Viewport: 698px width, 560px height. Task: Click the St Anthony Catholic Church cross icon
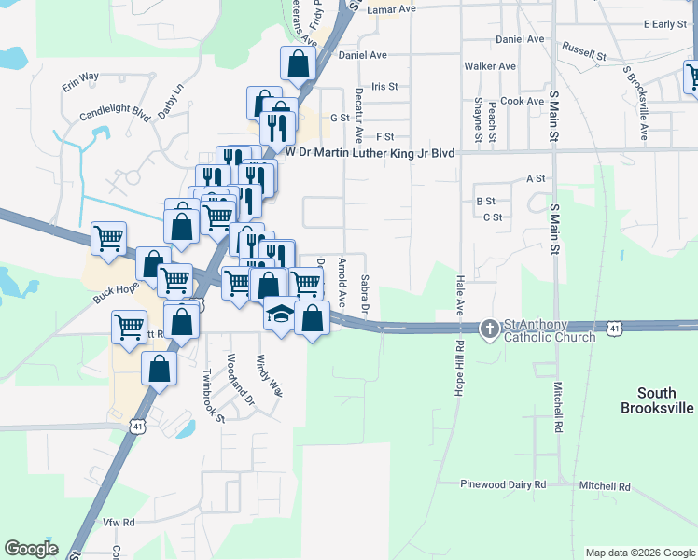click(x=490, y=329)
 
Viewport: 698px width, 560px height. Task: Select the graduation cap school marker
click(x=279, y=315)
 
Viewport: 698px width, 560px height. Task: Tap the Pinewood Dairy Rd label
click(x=502, y=485)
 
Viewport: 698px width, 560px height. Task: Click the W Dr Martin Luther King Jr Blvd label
click(x=370, y=151)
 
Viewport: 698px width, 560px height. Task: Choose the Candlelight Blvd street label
click(x=115, y=113)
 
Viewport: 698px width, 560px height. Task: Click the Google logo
click(x=31, y=549)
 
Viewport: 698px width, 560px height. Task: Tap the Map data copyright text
click(x=638, y=553)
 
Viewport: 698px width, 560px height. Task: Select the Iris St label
click(x=384, y=86)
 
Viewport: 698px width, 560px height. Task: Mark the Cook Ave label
click(x=522, y=101)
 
